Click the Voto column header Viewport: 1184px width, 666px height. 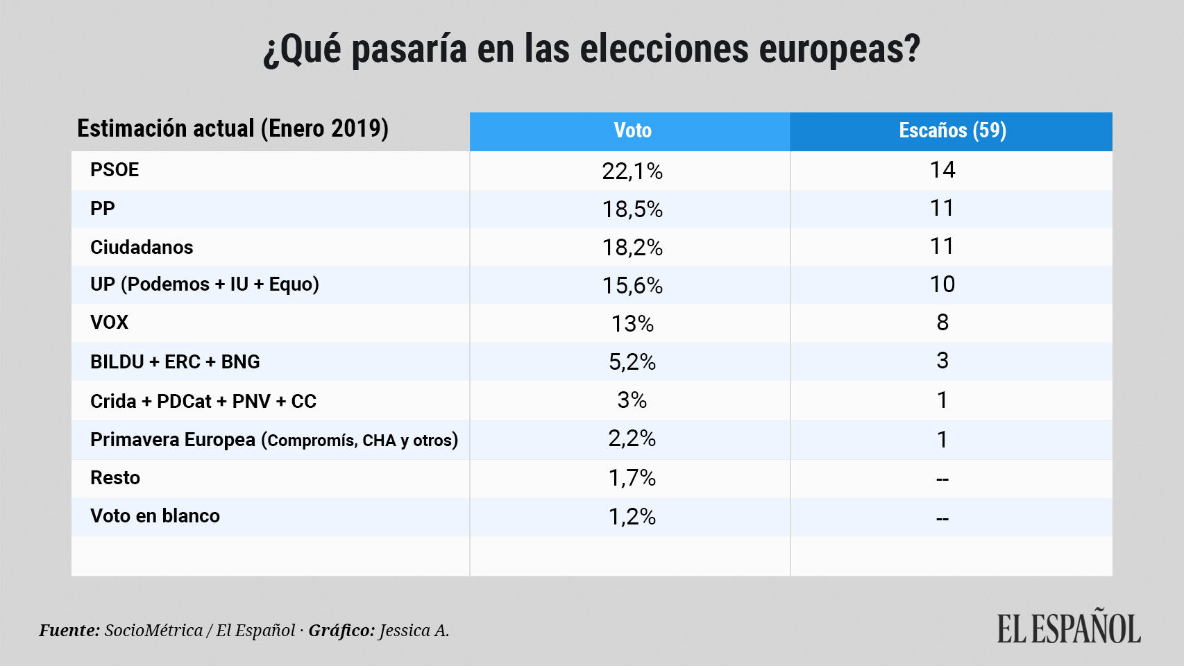(632, 130)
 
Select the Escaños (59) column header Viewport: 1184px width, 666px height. (952, 130)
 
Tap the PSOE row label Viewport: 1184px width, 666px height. (115, 170)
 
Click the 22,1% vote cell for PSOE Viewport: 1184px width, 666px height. (632, 171)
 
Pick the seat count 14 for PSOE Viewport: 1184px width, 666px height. (942, 170)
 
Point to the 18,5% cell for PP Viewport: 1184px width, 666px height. (632, 209)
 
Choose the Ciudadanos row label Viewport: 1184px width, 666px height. (142, 247)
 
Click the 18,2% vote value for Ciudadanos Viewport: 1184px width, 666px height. (632, 247)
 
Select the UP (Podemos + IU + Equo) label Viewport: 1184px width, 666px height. (205, 284)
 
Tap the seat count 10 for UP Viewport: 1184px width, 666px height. (942, 284)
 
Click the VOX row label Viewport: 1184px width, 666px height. (110, 323)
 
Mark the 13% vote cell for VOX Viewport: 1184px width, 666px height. (632, 323)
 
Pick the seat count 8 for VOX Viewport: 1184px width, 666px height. (942, 323)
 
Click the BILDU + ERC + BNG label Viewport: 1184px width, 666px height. (175, 361)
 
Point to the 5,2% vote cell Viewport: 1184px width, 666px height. (632, 361)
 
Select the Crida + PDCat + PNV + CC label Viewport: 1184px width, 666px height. (203, 401)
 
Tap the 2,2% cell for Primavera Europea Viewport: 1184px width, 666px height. (632, 438)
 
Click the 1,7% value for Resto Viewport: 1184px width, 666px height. (632, 478)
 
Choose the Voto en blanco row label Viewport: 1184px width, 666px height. (155, 516)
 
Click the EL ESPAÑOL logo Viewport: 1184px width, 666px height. (1069, 628)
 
